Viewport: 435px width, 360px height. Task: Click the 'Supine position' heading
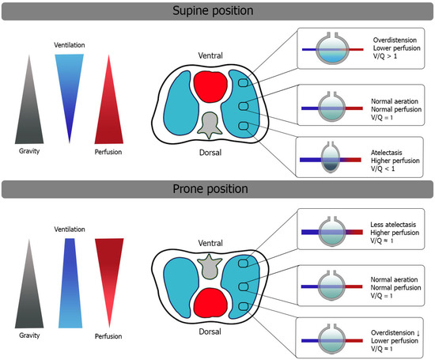pyautogui.click(x=217, y=12)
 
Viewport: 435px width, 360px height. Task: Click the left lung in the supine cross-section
pyautogui.click(x=161, y=103)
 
